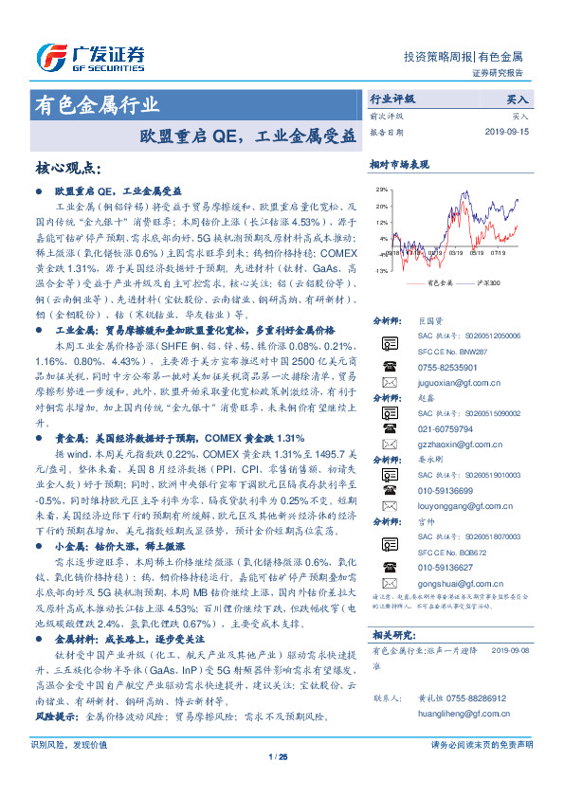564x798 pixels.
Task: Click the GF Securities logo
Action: click(x=90, y=56)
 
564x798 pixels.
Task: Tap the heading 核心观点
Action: click(x=67, y=169)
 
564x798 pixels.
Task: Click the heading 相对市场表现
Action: click(x=399, y=165)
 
